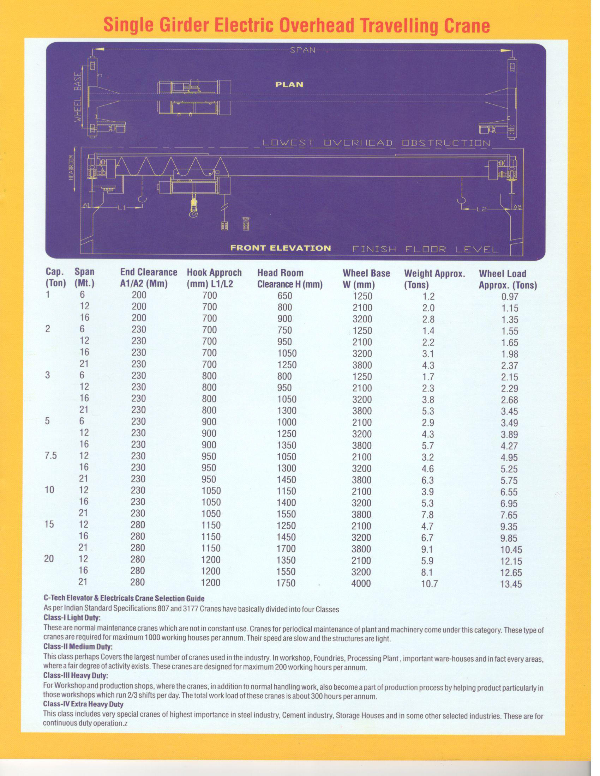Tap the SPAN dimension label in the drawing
pyautogui.click(x=303, y=50)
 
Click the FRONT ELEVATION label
pyautogui.click(x=281, y=248)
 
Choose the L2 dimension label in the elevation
pyautogui.click(x=481, y=210)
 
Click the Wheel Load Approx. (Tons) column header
pyautogui.click(x=508, y=279)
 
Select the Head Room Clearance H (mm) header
pyautogui.click(x=289, y=279)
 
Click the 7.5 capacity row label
pyautogui.click(x=51, y=456)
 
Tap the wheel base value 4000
pyautogui.click(x=361, y=583)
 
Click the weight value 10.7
pyautogui.click(x=429, y=583)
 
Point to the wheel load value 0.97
pyautogui.click(x=510, y=297)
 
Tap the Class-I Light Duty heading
pyautogui.click(x=72, y=618)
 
